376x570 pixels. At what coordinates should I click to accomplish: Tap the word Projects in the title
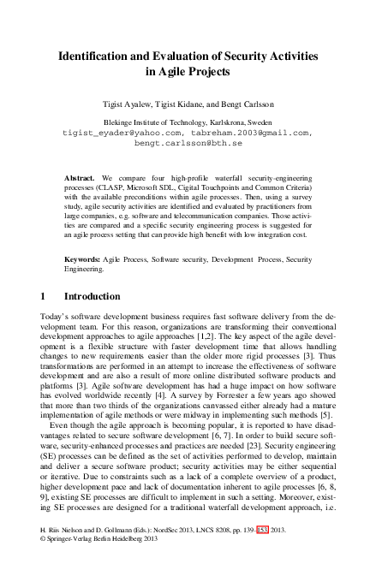click(209, 72)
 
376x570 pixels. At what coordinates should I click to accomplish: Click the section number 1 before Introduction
click(44, 296)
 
